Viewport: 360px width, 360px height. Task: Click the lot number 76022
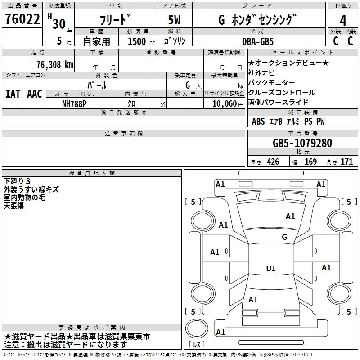pyautogui.click(x=22, y=19)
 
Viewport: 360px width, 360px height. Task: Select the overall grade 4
pyautogui.click(x=343, y=21)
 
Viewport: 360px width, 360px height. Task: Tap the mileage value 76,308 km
pyautogui.click(x=54, y=65)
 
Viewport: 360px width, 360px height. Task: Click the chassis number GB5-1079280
pyautogui.click(x=302, y=143)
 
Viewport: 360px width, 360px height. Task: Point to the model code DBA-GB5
pyautogui.click(x=258, y=41)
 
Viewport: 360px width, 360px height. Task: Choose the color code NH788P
pyautogui.click(x=74, y=104)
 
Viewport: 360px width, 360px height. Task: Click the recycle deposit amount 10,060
pyautogui.click(x=224, y=104)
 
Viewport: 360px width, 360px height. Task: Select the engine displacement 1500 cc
pyautogui.click(x=141, y=41)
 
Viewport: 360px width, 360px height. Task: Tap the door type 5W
pyautogui.click(x=174, y=20)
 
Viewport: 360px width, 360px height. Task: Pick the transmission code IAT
pyautogui.click(x=13, y=94)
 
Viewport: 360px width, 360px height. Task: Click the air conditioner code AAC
pyautogui.click(x=35, y=94)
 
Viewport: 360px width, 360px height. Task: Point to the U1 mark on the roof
pyautogui.click(x=271, y=268)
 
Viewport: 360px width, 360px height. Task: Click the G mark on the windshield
pyautogui.click(x=284, y=237)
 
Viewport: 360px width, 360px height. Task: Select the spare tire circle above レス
pyautogui.click(x=197, y=328)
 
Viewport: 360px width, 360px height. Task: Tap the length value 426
pyautogui.click(x=273, y=162)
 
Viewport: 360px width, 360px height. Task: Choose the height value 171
pyautogui.click(x=346, y=162)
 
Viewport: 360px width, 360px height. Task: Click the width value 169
pyautogui.click(x=310, y=162)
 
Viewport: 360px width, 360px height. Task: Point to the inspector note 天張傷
pyautogui.click(x=14, y=206)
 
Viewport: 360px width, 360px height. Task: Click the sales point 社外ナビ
pyautogui.click(x=261, y=72)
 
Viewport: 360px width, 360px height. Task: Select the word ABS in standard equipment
pyautogui.click(x=258, y=121)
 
